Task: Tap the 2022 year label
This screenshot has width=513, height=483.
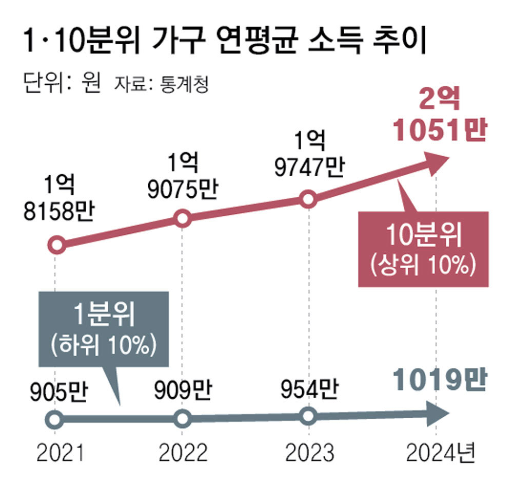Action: coord(183,453)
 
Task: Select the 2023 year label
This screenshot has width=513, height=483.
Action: coord(309,453)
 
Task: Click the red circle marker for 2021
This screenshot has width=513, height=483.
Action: coord(57,245)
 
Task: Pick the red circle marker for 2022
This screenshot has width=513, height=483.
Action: coord(183,218)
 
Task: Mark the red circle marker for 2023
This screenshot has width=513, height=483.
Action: coord(308,199)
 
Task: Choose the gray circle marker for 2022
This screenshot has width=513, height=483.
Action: coord(183,419)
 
